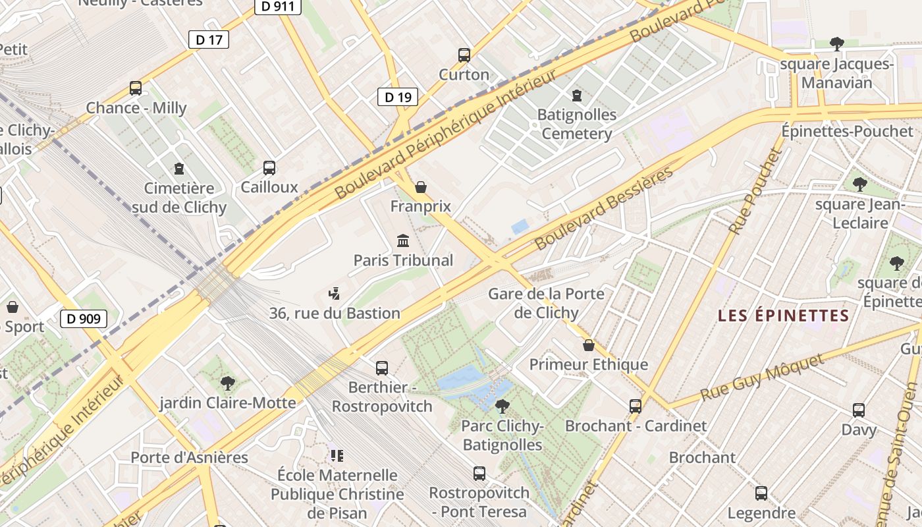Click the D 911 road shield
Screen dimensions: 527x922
tap(278, 7)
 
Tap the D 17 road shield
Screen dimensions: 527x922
tap(209, 40)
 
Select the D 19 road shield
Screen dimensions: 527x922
tap(398, 97)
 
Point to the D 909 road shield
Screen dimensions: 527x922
tap(84, 319)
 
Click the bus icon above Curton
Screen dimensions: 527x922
tap(464, 55)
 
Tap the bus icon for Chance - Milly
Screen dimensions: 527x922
tap(136, 88)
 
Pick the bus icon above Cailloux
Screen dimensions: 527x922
tap(269, 167)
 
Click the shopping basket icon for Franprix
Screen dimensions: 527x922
tap(421, 187)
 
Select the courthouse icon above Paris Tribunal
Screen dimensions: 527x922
tap(403, 240)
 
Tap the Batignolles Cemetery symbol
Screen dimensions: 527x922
tap(577, 95)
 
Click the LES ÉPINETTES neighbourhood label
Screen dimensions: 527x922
tap(784, 316)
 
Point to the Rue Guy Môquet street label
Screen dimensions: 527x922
tap(762, 377)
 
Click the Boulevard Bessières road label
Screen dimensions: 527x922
tap(604, 208)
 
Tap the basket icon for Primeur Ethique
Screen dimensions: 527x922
tap(589, 345)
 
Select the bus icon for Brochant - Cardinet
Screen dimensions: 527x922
tap(636, 406)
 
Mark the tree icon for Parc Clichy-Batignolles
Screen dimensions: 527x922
tap(502, 406)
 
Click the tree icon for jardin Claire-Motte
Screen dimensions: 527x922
tap(228, 383)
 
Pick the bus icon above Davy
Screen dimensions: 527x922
tap(859, 410)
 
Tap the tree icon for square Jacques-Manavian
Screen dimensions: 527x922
tap(837, 44)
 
